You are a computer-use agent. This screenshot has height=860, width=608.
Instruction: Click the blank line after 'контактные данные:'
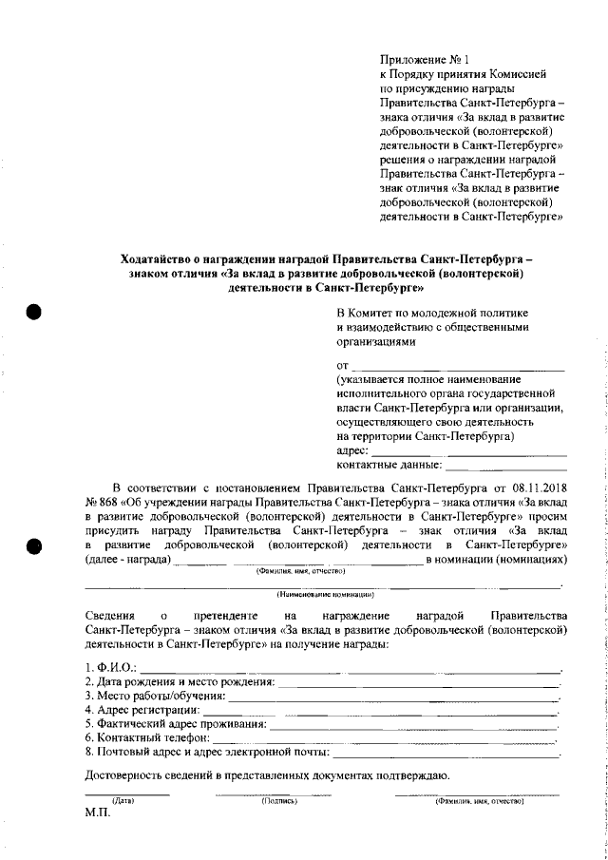[506, 468]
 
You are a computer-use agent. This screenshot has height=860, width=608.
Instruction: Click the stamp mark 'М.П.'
[98, 814]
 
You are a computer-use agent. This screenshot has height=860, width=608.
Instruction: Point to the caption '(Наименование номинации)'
[323, 594]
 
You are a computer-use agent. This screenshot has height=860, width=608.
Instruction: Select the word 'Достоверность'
[125, 776]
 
